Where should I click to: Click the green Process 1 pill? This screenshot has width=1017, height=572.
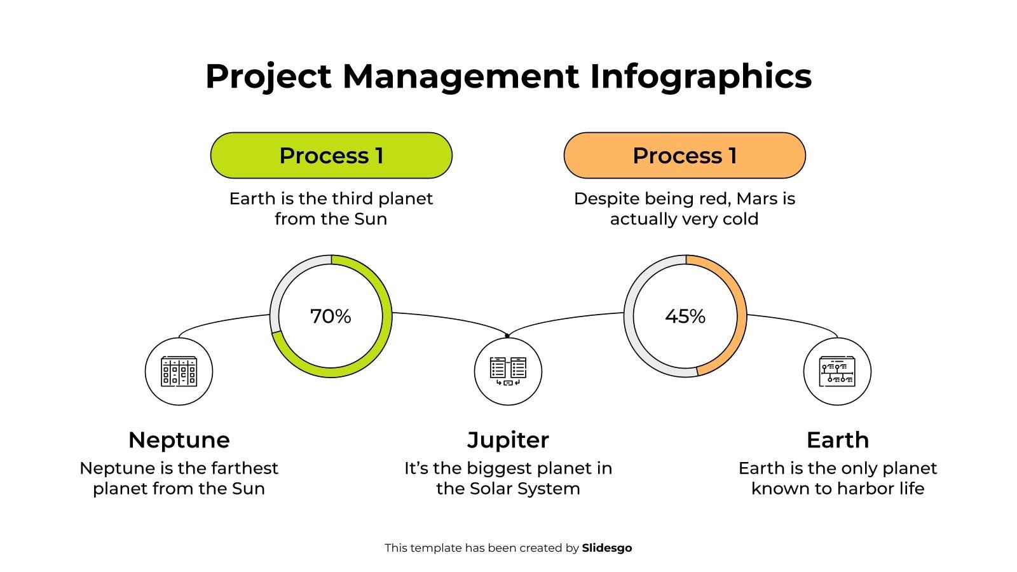tap(331, 156)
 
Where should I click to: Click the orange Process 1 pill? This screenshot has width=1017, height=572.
tap(685, 156)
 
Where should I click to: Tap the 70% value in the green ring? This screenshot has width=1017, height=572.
tap(331, 316)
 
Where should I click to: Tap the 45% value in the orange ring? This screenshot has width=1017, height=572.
tap(685, 316)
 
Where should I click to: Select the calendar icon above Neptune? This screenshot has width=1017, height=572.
tap(179, 372)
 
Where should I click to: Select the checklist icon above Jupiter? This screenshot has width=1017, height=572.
tap(508, 372)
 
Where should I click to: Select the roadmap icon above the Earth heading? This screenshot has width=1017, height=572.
tap(837, 372)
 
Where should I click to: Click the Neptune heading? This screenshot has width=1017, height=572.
tap(179, 440)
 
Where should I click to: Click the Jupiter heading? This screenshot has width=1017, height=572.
tap(508, 440)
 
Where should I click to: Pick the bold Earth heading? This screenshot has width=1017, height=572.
tap(837, 440)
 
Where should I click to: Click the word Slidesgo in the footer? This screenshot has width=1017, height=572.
tap(607, 548)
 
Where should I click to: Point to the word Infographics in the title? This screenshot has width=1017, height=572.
tap(700, 76)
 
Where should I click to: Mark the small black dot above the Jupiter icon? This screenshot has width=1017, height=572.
tap(507, 336)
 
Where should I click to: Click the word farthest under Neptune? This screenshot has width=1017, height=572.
tap(245, 468)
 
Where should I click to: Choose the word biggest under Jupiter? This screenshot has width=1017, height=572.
tap(498, 468)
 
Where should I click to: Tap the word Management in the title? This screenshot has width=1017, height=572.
tap(461, 76)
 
